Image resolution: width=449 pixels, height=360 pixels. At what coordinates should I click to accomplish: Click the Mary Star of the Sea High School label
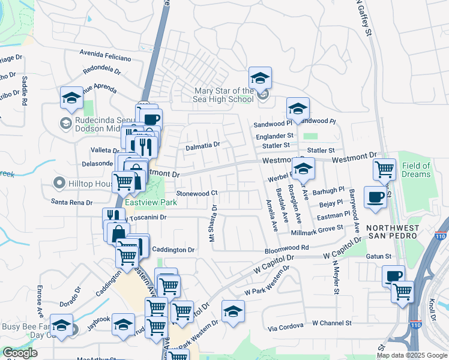(x=223, y=95)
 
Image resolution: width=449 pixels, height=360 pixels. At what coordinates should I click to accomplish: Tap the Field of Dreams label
(x=416, y=170)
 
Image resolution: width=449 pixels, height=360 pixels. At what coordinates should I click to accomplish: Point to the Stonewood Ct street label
(x=196, y=193)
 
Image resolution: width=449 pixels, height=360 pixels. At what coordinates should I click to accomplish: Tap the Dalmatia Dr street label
(x=203, y=145)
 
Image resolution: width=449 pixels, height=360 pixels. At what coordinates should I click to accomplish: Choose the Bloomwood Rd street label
(x=287, y=247)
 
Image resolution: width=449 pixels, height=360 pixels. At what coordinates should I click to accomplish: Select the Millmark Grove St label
(x=316, y=229)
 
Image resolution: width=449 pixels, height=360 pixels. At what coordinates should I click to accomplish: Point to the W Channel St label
(x=331, y=323)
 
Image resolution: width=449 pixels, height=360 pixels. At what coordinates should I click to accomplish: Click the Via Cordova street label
(x=286, y=328)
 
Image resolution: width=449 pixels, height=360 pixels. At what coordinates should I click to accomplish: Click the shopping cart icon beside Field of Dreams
(x=384, y=169)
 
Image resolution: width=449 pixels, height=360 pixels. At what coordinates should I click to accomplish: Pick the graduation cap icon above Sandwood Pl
(x=297, y=109)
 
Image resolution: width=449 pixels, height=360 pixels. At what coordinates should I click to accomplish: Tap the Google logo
(x=20, y=353)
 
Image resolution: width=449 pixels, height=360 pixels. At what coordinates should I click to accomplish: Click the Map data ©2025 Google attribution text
(x=412, y=355)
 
